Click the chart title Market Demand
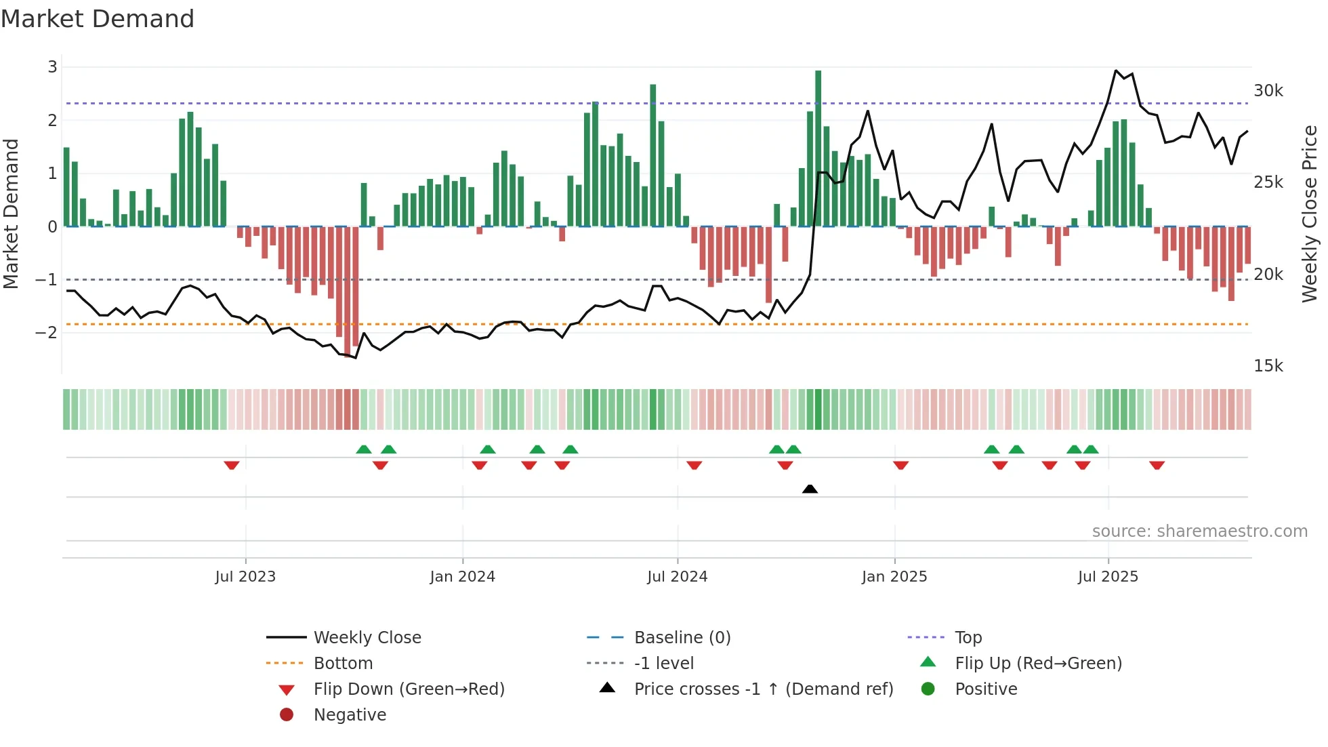(x=98, y=19)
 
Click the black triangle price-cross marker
(x=810, y=489)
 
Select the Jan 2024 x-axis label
(x=462, y=577)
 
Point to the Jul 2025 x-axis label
(x=1108, y=577)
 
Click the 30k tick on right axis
(x=1268, y=91)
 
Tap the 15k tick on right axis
(x=1268, y=366)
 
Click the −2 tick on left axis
(x=46, y=332)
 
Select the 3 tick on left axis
(x=52, y=66)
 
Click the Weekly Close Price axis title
(x=1309, y=214)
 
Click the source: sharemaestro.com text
(x=1199, y=531)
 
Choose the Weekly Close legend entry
(x=367, y=638)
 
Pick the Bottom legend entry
(x=343, y=664)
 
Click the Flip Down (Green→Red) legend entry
(x=409, y=689)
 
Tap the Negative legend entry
(x=350, y=715)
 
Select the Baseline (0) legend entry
(x=682, y=638)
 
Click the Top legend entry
(x=968, y=638)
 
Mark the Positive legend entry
(x=985, y=689)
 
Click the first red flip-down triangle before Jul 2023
(x=232, y=465)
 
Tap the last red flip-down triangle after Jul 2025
(x=1157, y=465)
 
